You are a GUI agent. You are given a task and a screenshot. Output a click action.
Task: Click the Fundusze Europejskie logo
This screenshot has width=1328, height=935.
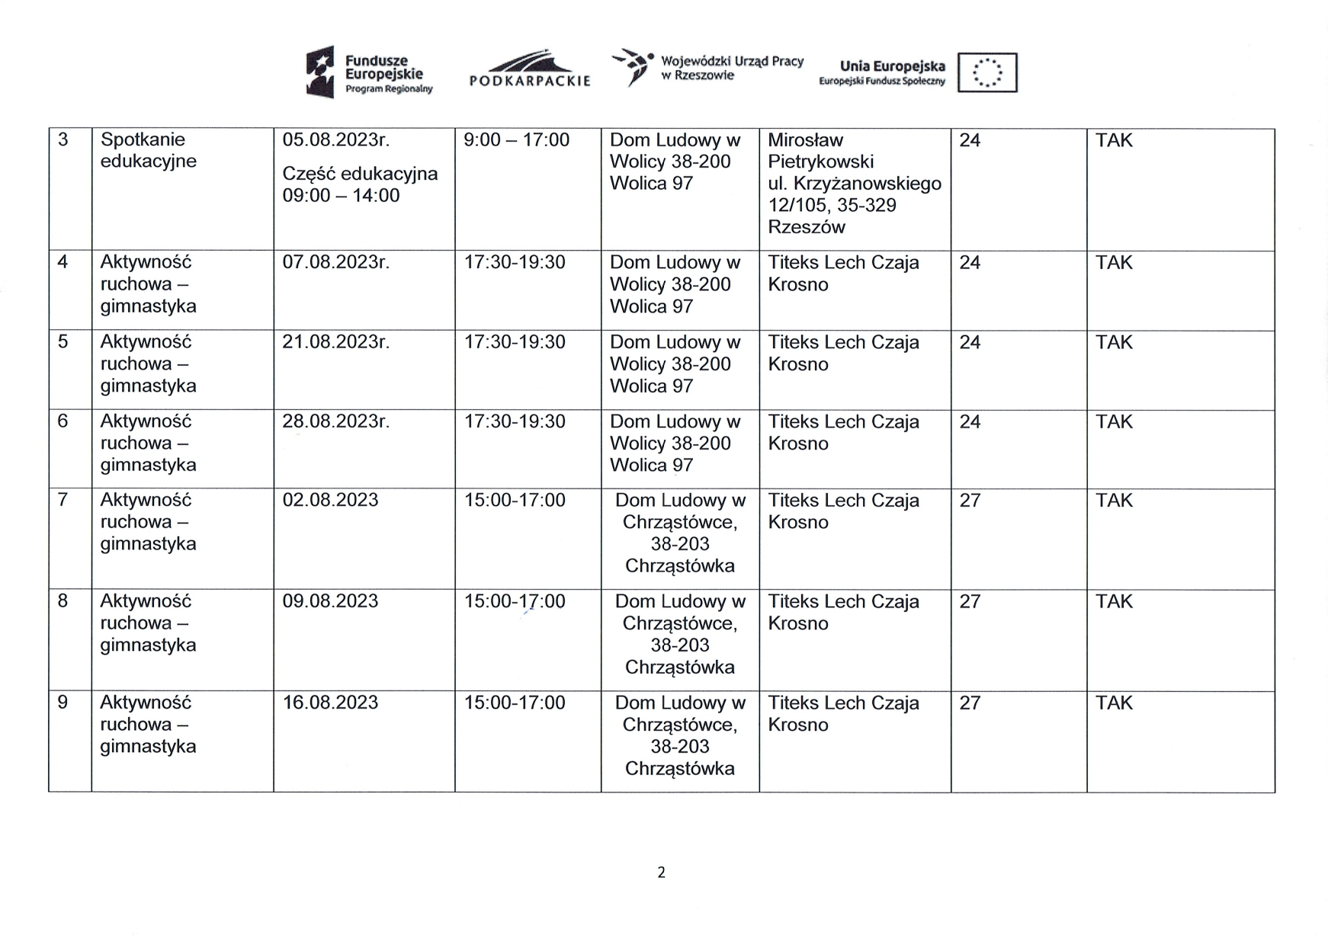coord(370,72)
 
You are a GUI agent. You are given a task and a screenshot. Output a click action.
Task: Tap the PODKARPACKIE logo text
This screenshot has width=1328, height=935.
coord(530,80)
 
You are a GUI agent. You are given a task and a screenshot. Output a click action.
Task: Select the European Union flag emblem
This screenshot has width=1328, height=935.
coord(987,73)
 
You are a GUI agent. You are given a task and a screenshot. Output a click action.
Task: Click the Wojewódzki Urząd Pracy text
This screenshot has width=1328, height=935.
coord(732,68)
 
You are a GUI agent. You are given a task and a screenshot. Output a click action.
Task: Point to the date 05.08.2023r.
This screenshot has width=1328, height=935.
coord(336,140)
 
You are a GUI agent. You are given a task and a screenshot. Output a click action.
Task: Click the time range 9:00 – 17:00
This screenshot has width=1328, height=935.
coord(517,140)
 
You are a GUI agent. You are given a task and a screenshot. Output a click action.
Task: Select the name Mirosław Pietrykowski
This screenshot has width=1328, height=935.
coord(820,151)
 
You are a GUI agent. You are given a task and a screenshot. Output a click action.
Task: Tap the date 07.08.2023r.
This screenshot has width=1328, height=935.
coord(336,263)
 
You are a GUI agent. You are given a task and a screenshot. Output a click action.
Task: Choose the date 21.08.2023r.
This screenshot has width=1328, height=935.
coord(336,342)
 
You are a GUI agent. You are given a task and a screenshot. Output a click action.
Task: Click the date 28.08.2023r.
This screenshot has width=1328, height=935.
coord(336,421)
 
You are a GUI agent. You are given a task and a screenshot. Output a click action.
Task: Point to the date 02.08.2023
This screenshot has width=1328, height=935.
coord(330,500)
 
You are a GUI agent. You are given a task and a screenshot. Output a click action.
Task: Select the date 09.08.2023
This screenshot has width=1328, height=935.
coord(330,601)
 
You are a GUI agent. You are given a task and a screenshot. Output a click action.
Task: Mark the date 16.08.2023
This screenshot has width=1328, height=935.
coord(330,703)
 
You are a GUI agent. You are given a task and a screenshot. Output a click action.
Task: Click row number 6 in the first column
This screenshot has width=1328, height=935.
coord(63,421)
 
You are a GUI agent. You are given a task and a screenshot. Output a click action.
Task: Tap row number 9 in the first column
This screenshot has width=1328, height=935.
coord(63,703)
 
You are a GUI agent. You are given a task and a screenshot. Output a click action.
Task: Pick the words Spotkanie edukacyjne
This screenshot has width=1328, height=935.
coord(149,150)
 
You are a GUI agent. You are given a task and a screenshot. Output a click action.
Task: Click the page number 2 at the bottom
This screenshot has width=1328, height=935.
coord(661,873)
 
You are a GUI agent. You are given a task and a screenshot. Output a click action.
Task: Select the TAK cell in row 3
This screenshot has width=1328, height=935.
coord(1114,140)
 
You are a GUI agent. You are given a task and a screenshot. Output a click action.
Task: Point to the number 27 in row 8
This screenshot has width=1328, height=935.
coord(970,601)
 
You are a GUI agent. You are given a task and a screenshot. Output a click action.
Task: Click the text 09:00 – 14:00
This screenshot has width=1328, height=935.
coord(341,196)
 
